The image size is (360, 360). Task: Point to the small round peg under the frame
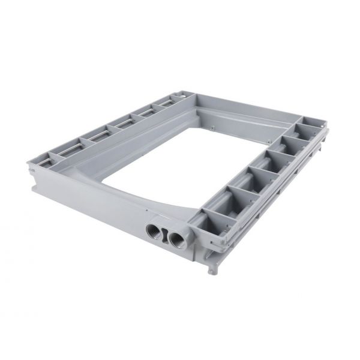(210, 271)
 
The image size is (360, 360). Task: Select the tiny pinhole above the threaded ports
(146, 211)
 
